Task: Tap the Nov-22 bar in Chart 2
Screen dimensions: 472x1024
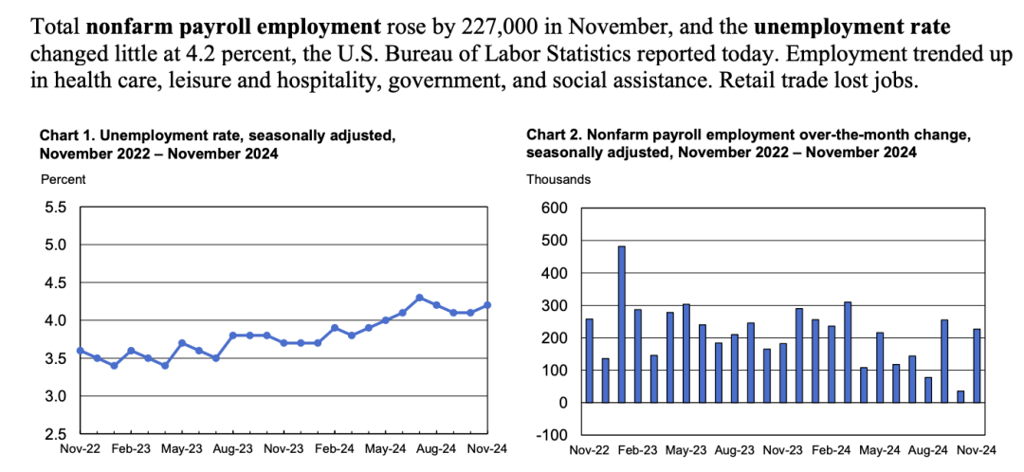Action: pyautogui.click(x=589, y=360)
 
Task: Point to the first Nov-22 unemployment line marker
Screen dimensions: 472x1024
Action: pyautogui.click(x=82, y=351)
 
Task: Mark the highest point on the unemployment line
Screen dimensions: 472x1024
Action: pyautogui.click(x=419, y=298)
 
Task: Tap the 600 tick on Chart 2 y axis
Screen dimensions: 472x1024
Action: pyautogui.click(x=554, y=209)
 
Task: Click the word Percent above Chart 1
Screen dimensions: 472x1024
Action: pyautogui.click(x=63, y=178)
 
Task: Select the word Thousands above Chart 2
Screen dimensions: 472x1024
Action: pyautogui.click(x=558, y=178)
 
